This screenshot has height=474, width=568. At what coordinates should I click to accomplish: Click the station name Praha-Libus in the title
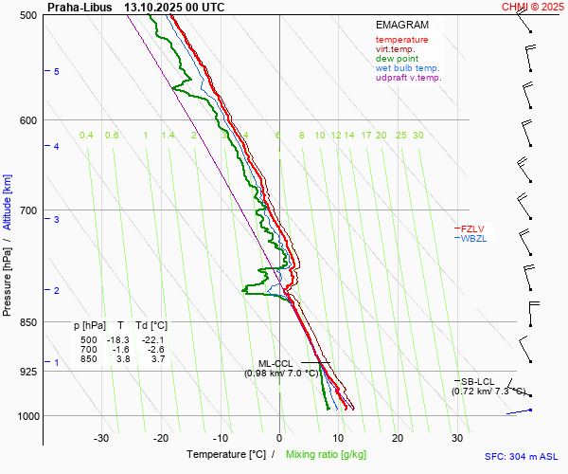(77, 7)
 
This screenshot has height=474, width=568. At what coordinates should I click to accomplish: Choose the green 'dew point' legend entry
(399, 59)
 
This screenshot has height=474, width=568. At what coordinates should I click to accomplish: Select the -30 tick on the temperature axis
(101, 438)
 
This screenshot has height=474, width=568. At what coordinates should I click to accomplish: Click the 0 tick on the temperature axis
(279, 438)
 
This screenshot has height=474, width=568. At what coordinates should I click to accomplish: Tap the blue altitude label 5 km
(57, 72)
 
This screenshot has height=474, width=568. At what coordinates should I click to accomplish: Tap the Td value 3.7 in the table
(154, 359)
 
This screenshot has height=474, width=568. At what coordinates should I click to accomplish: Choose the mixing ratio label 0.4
(86, 136)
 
